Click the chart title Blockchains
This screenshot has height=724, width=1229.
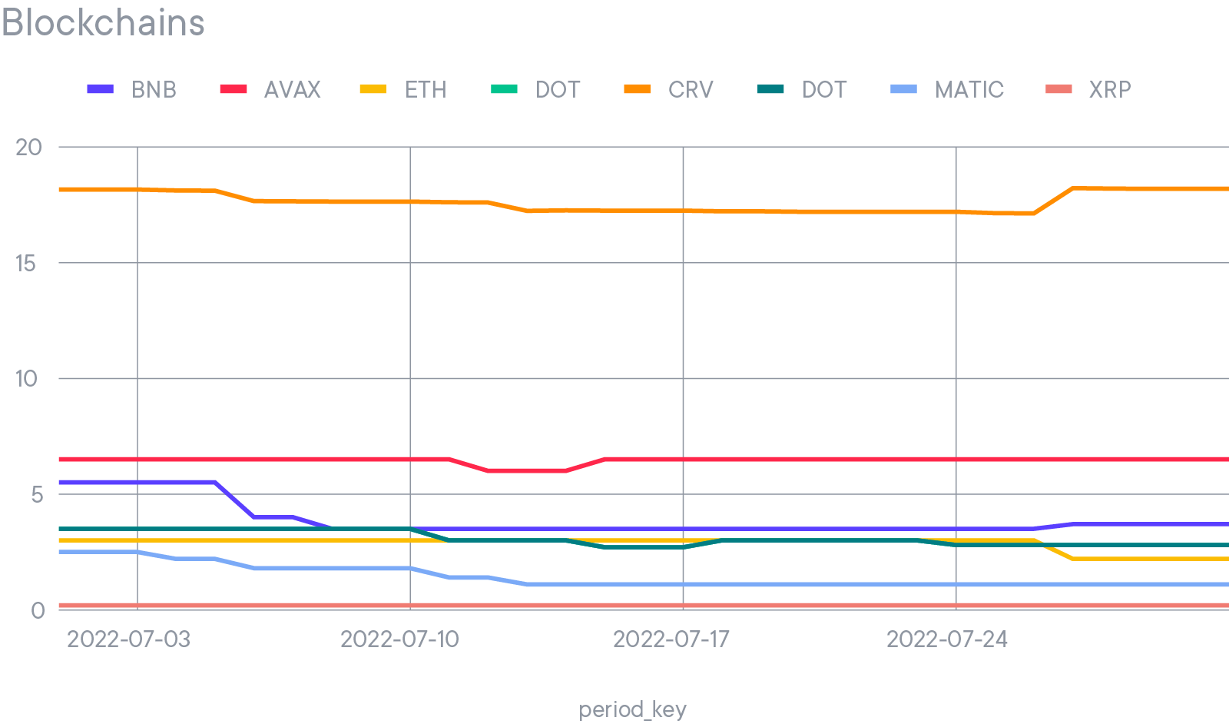(103, 23)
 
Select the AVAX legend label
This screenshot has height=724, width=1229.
(292, 90)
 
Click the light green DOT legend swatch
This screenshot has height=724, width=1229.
(505, 90)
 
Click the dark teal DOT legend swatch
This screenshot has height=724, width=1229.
(771, 90)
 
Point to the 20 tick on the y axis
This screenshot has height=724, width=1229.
(28, 147)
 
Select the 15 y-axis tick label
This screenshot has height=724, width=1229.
(25, 264)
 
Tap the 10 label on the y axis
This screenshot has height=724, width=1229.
(26, 379)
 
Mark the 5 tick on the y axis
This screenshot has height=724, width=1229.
(37, 494)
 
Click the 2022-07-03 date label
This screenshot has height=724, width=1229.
(128, 639)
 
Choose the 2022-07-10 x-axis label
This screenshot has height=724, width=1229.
(399, 639)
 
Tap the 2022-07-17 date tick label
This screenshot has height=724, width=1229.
(671, 639)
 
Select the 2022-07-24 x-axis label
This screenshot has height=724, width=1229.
(946, 639)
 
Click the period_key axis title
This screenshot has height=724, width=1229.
(632, 709)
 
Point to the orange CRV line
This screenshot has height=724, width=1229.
(768, 211)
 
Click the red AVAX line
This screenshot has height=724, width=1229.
(768, 460)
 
